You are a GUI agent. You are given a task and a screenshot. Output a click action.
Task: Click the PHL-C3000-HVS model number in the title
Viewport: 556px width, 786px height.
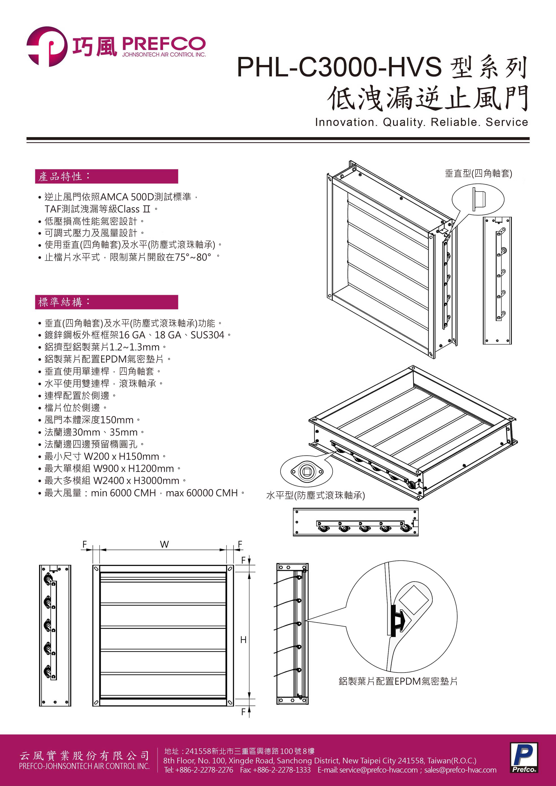click(339, 67)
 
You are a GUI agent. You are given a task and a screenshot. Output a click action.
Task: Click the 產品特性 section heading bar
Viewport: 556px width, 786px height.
click(106, 176)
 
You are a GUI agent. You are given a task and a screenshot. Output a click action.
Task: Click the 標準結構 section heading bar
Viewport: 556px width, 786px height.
click(106, 302)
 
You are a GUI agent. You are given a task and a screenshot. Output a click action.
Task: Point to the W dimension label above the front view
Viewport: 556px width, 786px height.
click(164, 544)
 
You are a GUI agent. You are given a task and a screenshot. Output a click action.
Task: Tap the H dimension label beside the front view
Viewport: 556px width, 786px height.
click(243, 640)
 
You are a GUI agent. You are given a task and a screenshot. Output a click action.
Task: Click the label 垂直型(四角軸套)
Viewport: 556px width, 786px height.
click(478, 174)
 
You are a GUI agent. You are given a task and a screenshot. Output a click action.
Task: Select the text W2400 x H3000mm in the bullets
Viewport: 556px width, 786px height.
click(136, 481)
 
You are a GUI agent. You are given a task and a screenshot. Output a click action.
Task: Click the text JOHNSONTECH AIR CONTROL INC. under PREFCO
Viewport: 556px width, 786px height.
click(164, 54)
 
